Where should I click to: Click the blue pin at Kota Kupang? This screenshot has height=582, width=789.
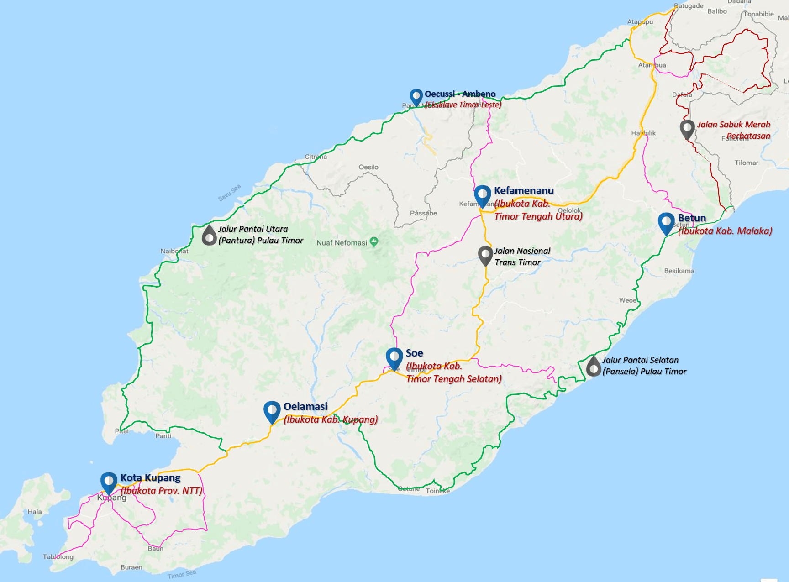tap(109, 482)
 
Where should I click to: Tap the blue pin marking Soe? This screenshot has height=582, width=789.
tap(394, 357)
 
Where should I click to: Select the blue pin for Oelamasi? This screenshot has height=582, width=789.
tap(272, 410)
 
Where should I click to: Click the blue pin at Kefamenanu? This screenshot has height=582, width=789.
tap(482, 195)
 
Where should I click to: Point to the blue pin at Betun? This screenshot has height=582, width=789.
tap(666, 222)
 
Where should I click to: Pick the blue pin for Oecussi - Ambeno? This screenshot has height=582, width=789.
tap(416, 96)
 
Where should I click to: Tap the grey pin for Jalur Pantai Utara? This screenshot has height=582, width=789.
tap(209, 236)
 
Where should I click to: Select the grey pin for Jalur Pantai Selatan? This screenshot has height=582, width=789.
tap(593, 366)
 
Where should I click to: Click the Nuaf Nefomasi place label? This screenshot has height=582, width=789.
tap(342, 243)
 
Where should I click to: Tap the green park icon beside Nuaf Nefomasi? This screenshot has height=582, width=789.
tap(374, 241)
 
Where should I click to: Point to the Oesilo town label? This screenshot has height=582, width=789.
tap(368, 167)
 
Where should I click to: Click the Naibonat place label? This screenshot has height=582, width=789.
tap(174, 251)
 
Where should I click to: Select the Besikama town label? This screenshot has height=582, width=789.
tap(679, 271)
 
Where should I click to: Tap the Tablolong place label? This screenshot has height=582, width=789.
tap(58, 556)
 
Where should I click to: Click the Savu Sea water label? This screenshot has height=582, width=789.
tap(229, 193)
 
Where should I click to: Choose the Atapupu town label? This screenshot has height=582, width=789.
tap(640, 22)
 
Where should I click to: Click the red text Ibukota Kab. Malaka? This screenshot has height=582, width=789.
tap(725, 231)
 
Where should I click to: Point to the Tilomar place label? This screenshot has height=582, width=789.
tap(746, 163)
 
